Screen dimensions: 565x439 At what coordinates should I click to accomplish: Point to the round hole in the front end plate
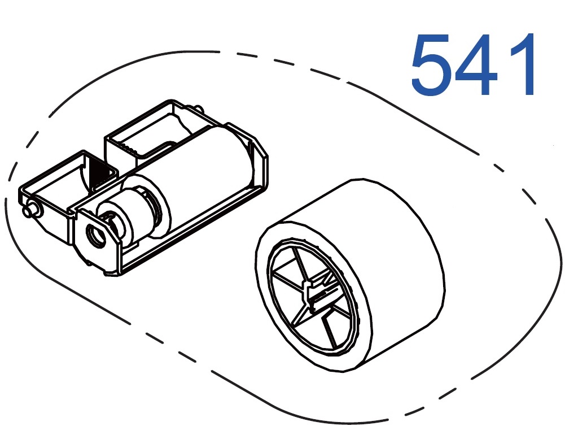[96, 236]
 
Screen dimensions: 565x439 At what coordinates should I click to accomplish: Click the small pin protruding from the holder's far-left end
[29, 210]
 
